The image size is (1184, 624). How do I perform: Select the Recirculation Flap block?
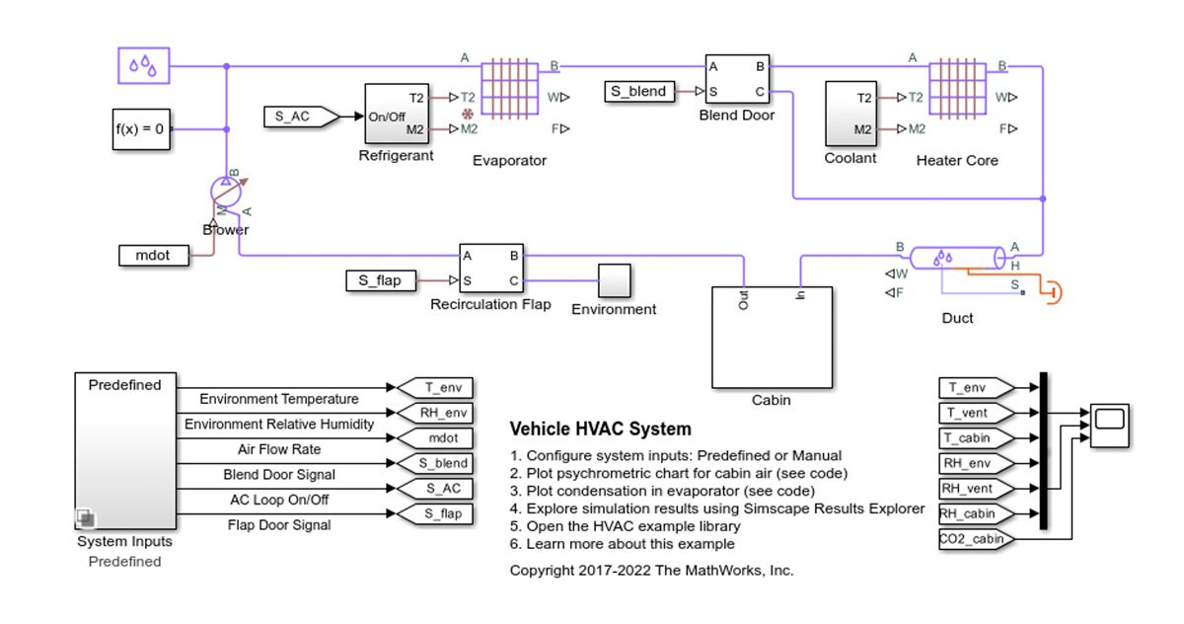(x=490, y=268)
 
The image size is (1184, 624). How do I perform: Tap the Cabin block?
(x=772, y=338)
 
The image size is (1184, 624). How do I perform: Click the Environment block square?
(x=614, y=280)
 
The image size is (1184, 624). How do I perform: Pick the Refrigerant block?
(x=396, y=114)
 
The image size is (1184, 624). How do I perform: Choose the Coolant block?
(x=851, y=114)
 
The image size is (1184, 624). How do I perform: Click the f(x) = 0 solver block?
(x=139, y=128)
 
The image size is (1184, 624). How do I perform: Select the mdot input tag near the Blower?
(x=152, y=255)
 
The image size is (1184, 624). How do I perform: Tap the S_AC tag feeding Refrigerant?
(x=300, y=117)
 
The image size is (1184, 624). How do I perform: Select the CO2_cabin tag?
(x=974, y=538)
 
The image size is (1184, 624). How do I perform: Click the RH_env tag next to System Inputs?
(x=434, y=412)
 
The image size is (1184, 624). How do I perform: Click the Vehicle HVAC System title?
(x=600, y=429)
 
